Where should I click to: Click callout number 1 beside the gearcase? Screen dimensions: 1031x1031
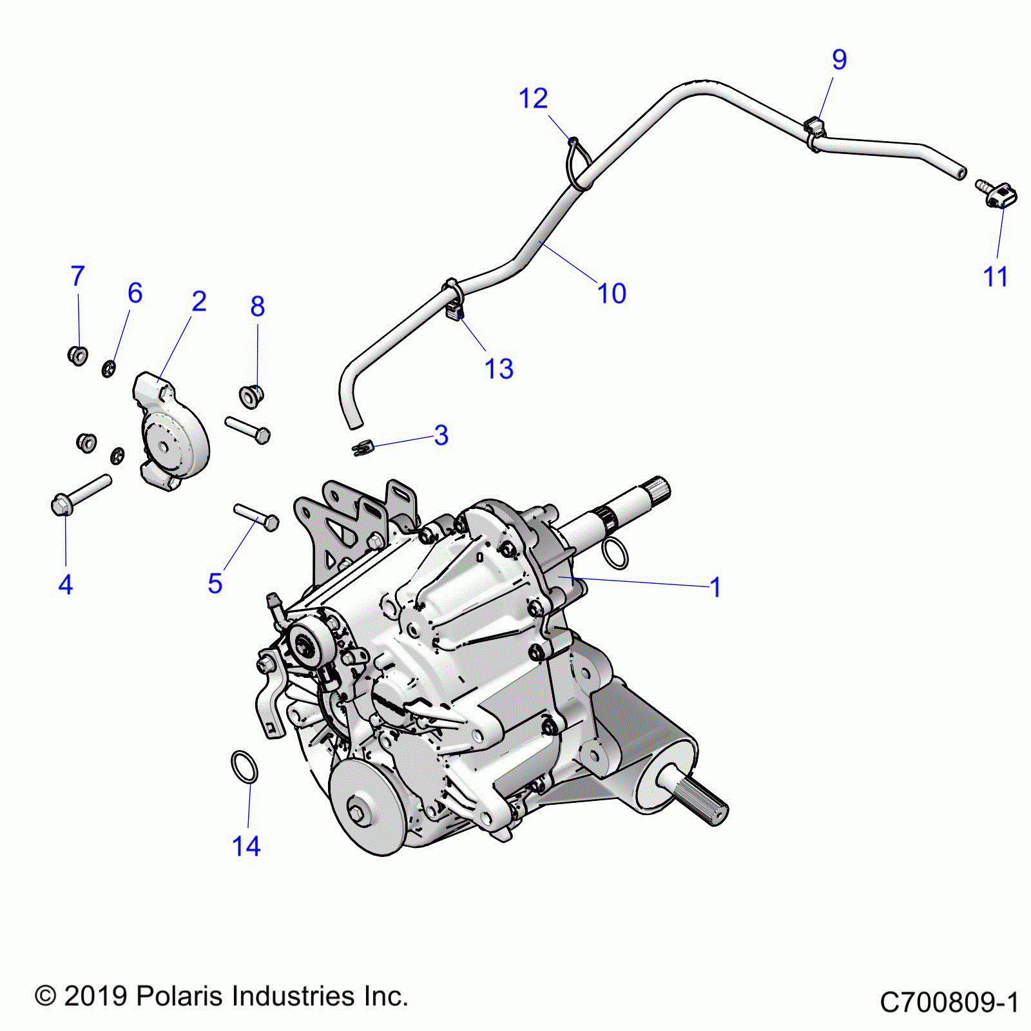(x=715, y=587)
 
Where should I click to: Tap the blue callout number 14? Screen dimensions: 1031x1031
(x=246, y=846)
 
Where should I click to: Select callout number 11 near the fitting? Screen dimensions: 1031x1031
(x=995, y=276)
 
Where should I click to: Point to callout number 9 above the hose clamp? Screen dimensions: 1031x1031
(x=839, y=59)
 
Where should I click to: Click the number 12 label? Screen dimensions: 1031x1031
(x=533, y=99)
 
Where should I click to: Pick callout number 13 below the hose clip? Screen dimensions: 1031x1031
(x=498, y=369)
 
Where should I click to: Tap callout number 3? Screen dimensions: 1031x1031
(x=441, y=435)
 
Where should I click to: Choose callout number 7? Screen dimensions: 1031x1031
(x=77, y=276)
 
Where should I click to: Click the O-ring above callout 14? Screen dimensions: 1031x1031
(x=244, y=766)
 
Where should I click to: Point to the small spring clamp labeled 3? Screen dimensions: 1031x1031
(x=364, y=445)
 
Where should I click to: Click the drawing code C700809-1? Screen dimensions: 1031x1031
(x=949, y=1003)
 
